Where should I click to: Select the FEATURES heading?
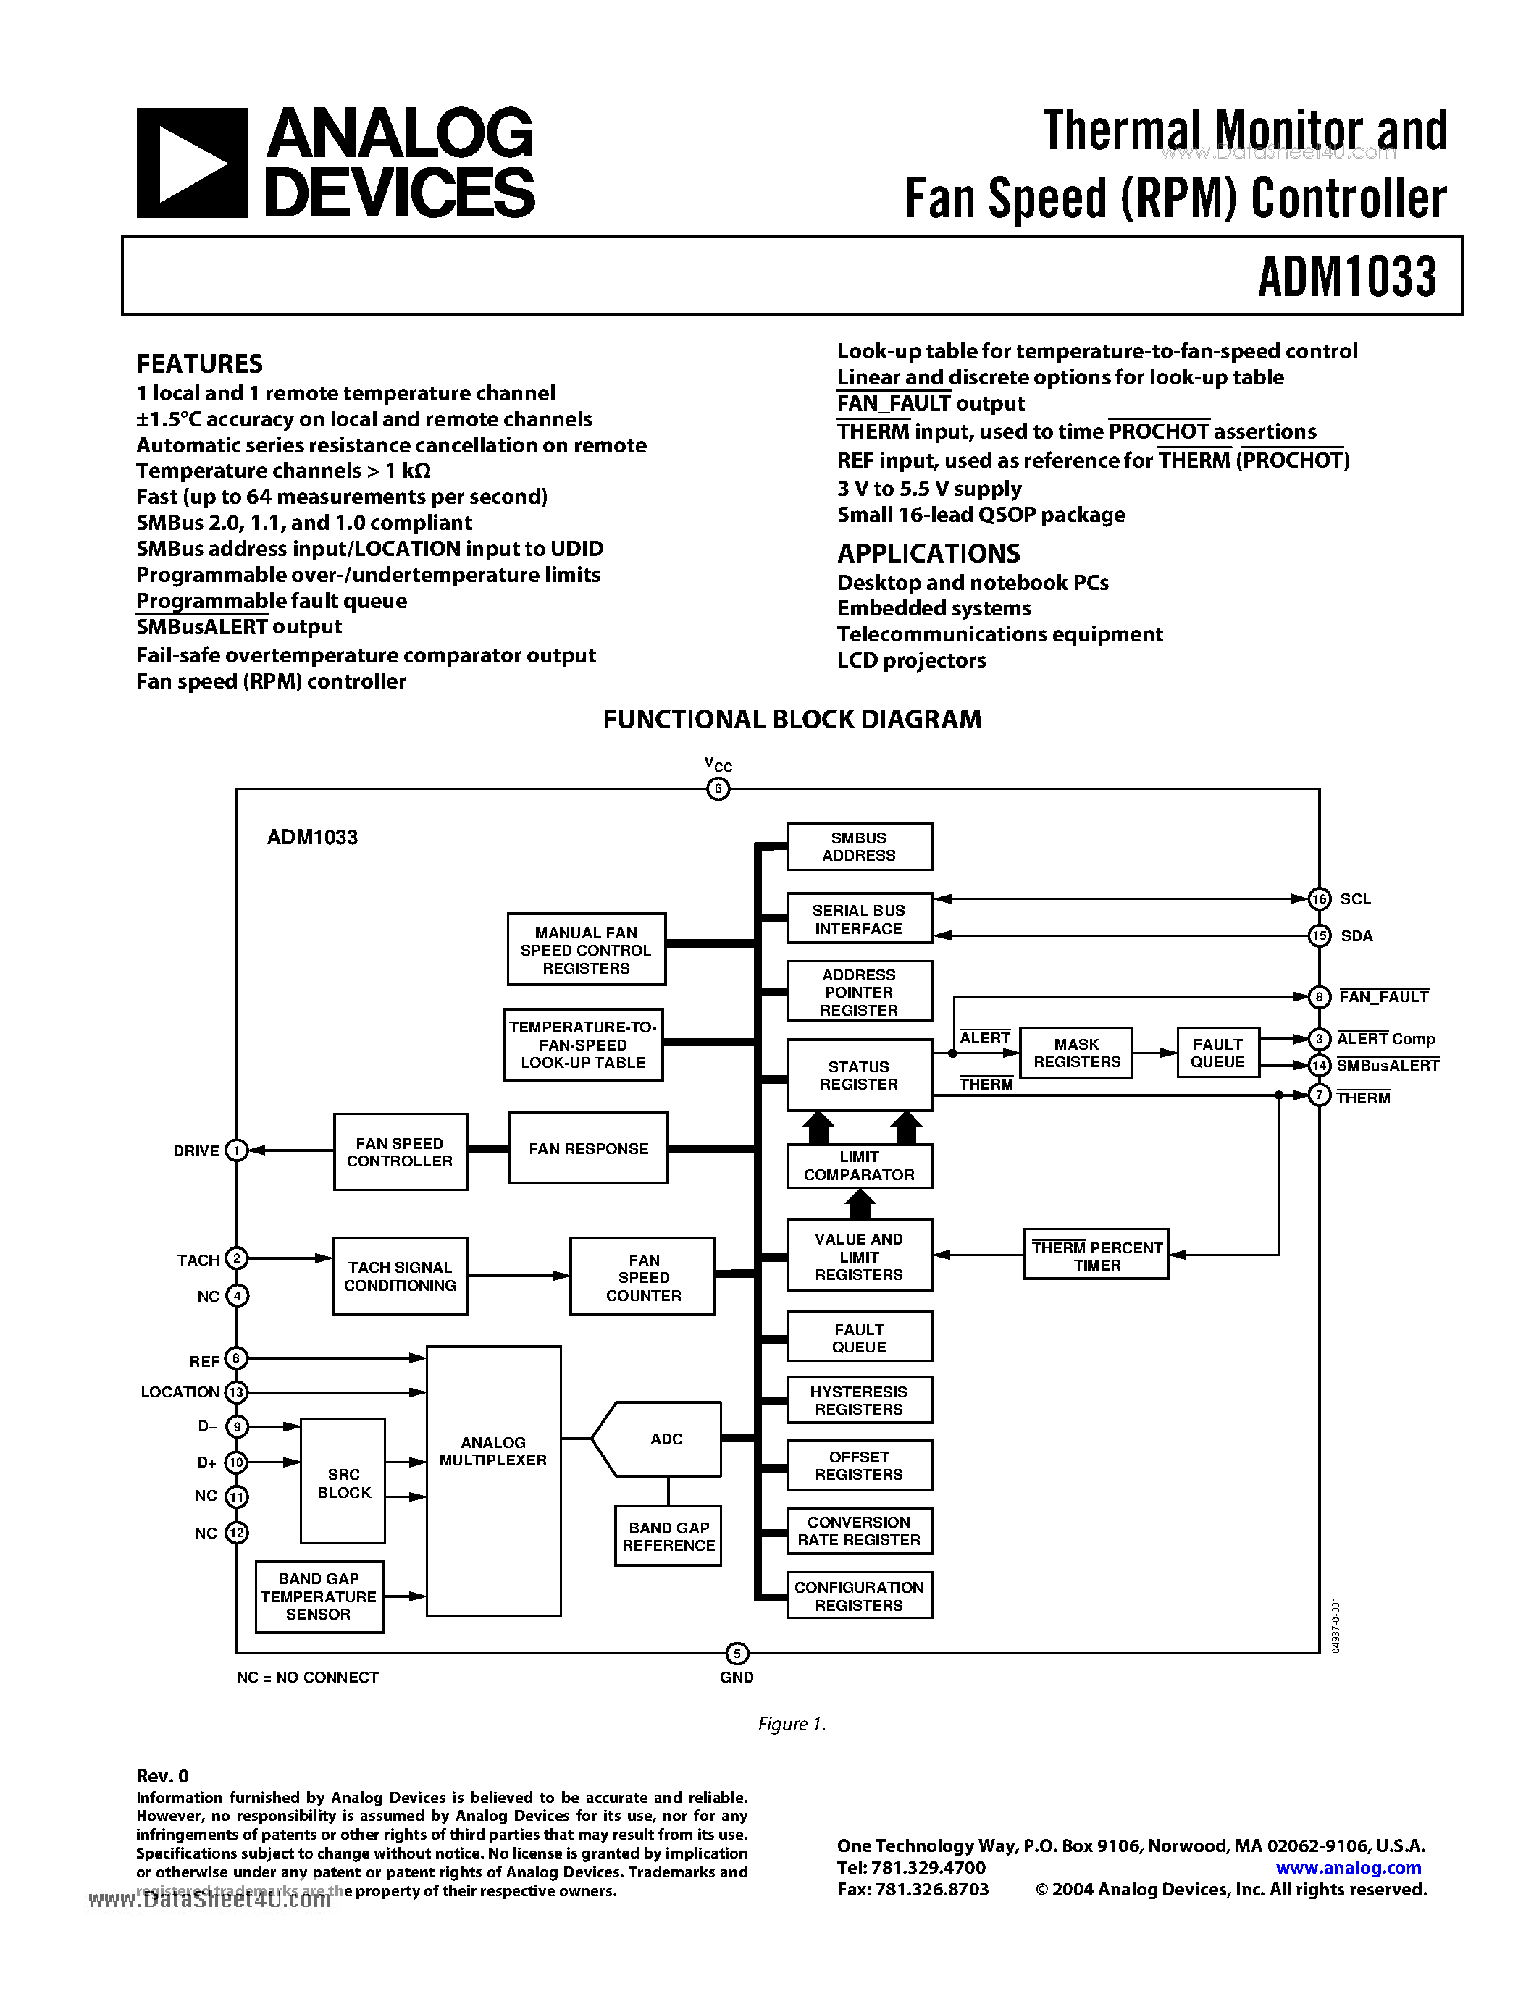[200, 363]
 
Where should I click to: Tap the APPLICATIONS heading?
[928, 553]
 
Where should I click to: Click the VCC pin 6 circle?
[718, 789]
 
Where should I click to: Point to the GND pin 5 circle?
[737, 1653]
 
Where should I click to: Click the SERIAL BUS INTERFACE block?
[859, 919]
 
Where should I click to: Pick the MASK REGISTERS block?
[1075, 1053]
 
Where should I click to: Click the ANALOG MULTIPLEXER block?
[493, 1481]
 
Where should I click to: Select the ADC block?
[666, 1439]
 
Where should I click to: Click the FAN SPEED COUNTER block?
[643, 1276]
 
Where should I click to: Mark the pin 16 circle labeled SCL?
[1320, 899]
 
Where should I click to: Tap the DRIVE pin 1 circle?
[236, 1150]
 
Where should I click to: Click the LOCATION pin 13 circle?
[236, 1392]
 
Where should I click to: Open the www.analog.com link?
[1348, 1867]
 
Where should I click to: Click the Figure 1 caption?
[792, 1723]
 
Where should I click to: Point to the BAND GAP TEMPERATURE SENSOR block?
[318, 1596]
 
